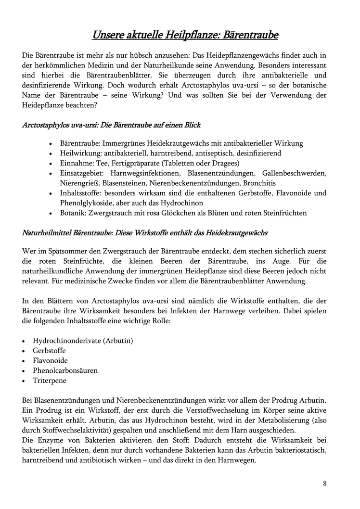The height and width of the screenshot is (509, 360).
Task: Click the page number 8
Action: click(x=325, y=484)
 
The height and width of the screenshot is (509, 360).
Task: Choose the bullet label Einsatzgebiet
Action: click(x=82, y=173)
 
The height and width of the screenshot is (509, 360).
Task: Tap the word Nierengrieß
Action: click(x=80, y=183)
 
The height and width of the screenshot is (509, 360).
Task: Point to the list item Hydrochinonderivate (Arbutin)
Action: click(x=83, y=341)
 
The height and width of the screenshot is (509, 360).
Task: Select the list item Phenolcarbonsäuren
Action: click(x=65, y=370)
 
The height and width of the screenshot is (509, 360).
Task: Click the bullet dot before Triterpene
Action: click(x=24, y=381)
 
